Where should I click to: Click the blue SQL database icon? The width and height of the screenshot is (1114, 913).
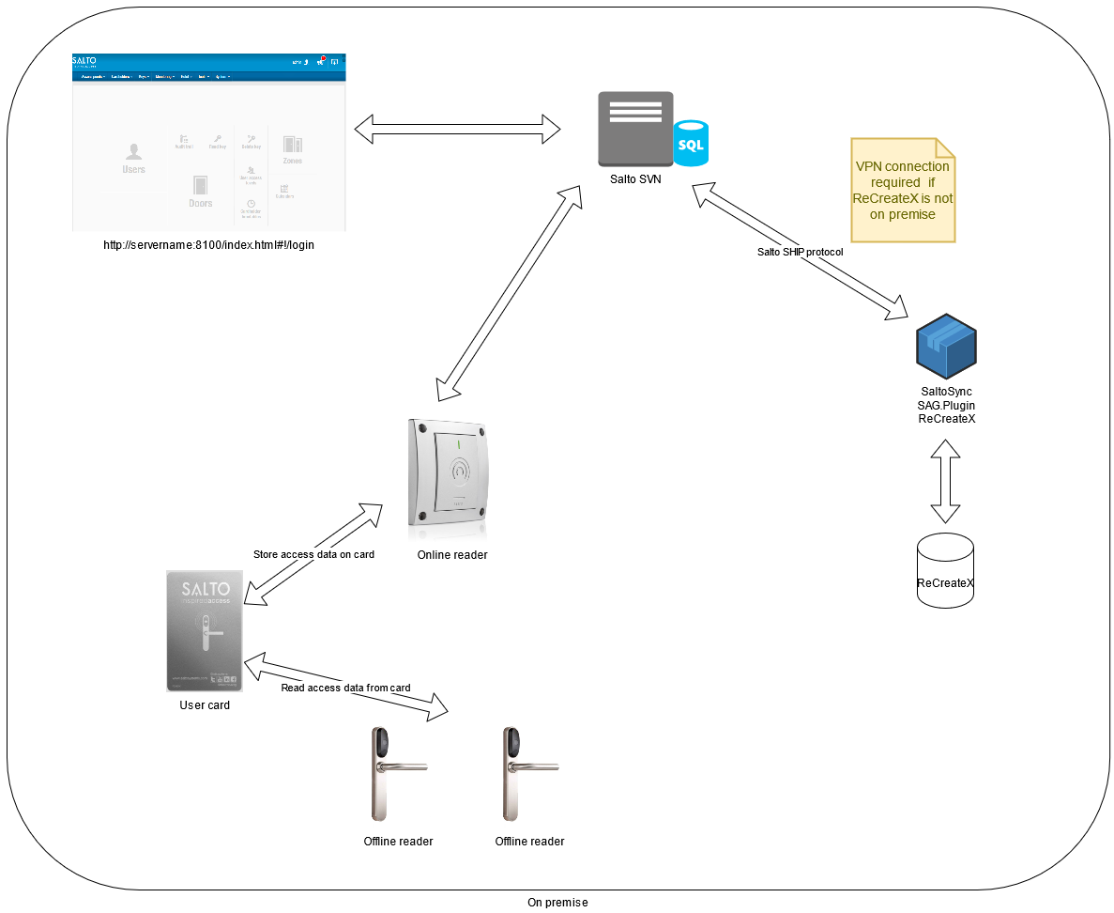[691, 143]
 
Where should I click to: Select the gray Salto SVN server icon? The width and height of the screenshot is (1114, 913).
[636, 130]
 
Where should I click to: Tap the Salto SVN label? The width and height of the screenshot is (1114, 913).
[635, 179]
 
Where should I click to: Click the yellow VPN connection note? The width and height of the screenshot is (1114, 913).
[903, 191]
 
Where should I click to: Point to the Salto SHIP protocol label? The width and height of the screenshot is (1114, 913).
[801, 252]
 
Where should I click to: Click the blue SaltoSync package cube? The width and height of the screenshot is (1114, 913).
[946, 347]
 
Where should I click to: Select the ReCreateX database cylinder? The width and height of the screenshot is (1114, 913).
[945, 570]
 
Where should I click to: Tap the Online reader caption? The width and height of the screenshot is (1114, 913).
[452, 555]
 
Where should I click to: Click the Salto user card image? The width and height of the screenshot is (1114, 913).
[206, 631]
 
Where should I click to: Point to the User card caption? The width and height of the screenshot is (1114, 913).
[205, 705]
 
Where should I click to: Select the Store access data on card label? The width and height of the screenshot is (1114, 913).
[313, 554]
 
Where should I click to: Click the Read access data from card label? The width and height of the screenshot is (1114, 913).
[345, 688]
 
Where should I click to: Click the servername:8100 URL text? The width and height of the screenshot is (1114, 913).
[208, 245]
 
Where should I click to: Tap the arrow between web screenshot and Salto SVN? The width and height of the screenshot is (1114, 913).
[457, 129]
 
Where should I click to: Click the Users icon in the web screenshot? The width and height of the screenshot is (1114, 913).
[133, 157]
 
